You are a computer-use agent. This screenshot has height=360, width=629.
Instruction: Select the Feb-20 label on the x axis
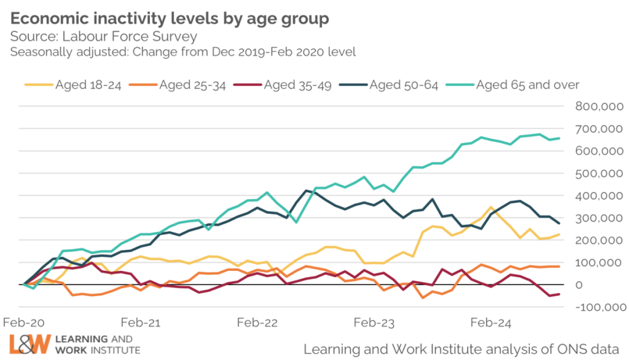click(23, 323)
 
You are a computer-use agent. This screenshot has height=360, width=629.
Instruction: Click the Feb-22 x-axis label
click(257, 323)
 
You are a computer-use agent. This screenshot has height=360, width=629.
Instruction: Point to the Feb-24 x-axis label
click(490, 323)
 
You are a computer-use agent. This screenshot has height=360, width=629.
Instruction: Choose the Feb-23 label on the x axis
click(373, 323)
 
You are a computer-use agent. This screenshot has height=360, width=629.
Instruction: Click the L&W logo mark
click(28, 344)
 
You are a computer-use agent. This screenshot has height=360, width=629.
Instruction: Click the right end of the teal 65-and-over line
click(559, 138)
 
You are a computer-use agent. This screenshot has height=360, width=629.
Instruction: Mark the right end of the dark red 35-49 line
click(559, 294)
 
